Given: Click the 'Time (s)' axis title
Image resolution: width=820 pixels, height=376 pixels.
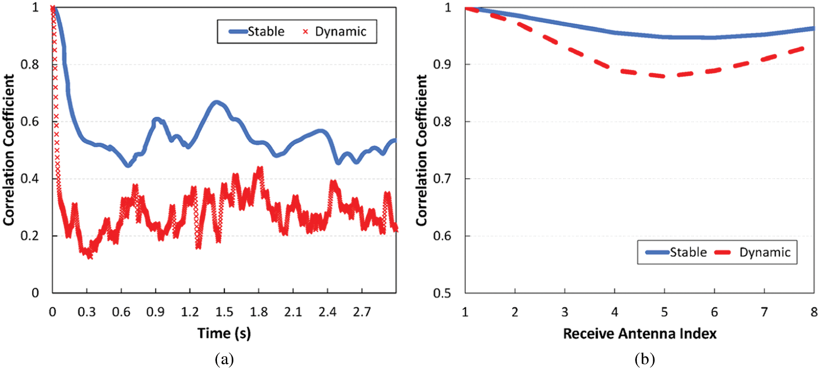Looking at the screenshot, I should pos(224,333).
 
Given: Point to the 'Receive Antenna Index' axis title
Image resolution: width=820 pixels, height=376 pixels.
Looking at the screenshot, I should pos(640,334).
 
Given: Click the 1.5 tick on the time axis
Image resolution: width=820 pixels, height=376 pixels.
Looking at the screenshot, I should pos(224,312).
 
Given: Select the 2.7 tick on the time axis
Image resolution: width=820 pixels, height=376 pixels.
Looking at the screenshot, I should pos(362,312).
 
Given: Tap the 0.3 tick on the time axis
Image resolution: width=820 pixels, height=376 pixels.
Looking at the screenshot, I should pos(87,312).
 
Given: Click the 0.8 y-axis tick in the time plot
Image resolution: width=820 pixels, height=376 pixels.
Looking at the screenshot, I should pos(30,64).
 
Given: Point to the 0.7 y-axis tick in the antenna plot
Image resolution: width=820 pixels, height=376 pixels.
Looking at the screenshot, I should pos(442,179).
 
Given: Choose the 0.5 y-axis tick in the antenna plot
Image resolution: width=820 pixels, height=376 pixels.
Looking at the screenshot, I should pos(442,293).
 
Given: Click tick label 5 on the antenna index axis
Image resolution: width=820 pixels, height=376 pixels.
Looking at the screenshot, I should pos(664,312).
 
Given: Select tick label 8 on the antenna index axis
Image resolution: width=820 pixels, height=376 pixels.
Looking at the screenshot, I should pos(814,312).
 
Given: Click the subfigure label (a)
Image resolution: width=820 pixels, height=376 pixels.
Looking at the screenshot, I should pos(224,360).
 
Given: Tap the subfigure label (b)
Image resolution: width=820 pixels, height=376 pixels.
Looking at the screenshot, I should pos(645,360).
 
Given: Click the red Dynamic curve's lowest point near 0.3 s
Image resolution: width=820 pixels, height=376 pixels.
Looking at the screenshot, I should pos(89,256).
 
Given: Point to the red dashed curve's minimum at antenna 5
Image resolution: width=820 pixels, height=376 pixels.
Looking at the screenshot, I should pos(664,76).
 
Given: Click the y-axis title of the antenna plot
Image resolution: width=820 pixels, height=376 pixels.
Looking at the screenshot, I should pos(422,150).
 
